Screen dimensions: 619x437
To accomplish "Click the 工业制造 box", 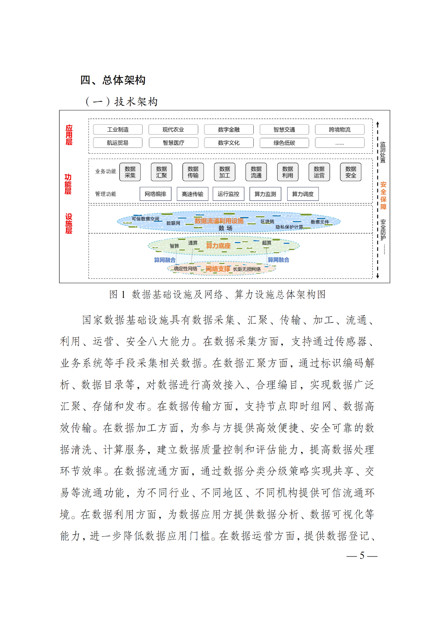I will click(x=118, y=130).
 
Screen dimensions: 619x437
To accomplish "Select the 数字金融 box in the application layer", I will click(x=229, y=130).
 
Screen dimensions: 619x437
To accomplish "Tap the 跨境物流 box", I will click(x=339, y=130).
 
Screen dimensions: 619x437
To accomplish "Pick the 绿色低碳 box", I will click(x=284, y=143).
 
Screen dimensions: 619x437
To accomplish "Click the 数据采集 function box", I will click(x=130, y=172).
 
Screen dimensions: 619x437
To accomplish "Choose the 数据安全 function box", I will click(x=351, y=172).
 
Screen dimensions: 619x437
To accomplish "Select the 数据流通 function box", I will click(x=256, y=172).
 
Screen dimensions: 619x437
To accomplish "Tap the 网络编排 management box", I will click(x=155, y=194).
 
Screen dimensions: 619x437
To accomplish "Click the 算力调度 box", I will click(x=303, y=194).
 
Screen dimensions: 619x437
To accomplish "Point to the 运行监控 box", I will click(x=228, y=194).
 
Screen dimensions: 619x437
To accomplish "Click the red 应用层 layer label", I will click(x=69, y=135).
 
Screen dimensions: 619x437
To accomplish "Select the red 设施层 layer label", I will click(x=69, y=224).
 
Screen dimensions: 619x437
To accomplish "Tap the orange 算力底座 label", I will click(x=218, y=246).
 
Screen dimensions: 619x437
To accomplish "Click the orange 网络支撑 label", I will click(x=218, y=269).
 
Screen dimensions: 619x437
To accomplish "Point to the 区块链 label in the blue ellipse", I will click(x=267, y=222).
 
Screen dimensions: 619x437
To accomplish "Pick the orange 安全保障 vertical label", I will click(x=383, y=195).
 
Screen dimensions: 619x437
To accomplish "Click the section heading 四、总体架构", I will click(x=113, y=80).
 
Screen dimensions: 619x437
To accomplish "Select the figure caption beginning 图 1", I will click(x=217, y=295).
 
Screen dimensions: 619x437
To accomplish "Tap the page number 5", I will click(x=362, y=555).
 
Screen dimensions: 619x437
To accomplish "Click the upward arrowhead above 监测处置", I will click(x=378, y=123).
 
